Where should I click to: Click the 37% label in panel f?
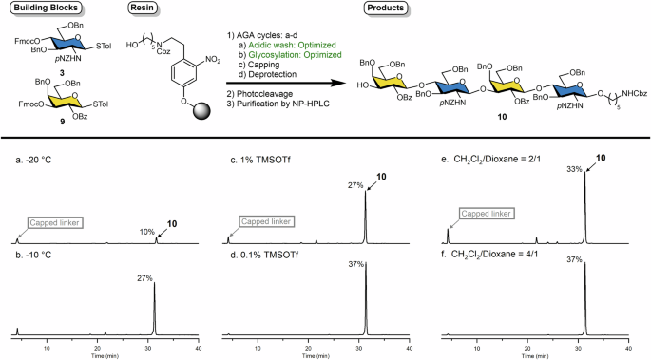point(573,259)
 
